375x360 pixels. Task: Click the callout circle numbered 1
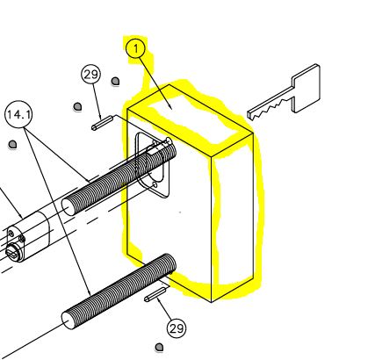(x=135, y=49)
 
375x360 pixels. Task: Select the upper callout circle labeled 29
(x=90, y=75)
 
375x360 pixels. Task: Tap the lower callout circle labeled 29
(x=177, y=328)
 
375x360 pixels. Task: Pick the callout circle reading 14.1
(x=18, y=114)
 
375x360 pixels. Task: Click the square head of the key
(x=306, y=89)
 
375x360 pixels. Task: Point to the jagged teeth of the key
(x=270, y=109)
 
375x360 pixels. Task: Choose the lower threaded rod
(x=119, y=292)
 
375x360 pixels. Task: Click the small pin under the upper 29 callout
(x=102, y=123)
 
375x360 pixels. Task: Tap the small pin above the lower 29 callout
(x=155, y=294)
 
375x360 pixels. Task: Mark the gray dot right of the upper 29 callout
(x=115, y=81)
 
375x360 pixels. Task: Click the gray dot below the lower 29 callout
(x=159, y=348)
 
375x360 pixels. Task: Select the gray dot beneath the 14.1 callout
(x=12, y=144)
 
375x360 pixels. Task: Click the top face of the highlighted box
(x=191, y=120)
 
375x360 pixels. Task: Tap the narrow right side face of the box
(x=232, y=218)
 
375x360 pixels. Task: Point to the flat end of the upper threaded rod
(x=69, y=207)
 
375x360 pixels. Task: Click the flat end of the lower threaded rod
(x=69, y=320)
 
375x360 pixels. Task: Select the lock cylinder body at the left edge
(x=28, y=238)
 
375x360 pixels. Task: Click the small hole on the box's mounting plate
(x=155, y=184)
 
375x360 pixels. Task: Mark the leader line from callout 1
(x=155, y=83)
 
